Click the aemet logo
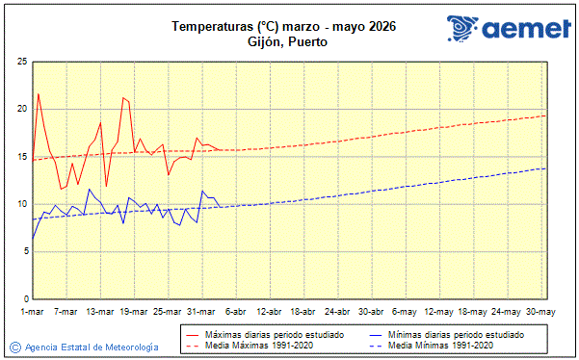509,30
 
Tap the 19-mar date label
134,312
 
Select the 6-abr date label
235,312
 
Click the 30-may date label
540,312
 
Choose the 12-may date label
439,312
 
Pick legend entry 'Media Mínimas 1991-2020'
441,345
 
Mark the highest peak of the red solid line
39,93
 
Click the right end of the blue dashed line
546,168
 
